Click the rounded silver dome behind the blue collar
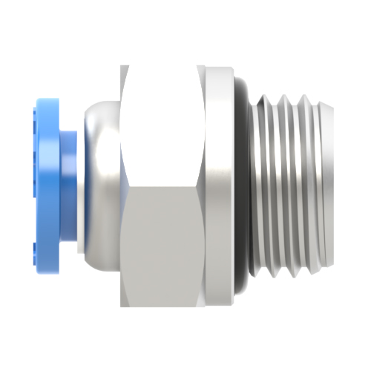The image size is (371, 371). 100,185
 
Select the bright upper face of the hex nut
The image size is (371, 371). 163,126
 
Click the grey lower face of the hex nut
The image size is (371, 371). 163,245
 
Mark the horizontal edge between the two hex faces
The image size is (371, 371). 163,187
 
